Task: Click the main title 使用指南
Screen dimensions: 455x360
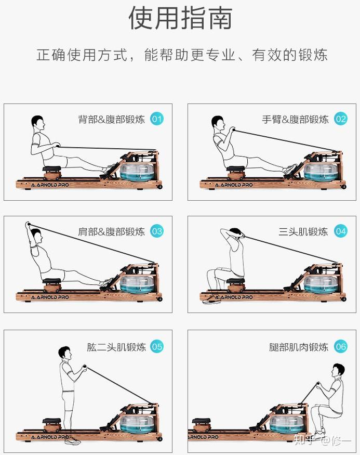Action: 180,18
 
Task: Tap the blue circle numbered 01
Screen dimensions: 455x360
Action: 156,119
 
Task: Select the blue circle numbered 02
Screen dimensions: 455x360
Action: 340,119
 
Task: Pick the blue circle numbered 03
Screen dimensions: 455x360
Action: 156,231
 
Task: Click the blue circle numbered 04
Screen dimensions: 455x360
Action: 340,231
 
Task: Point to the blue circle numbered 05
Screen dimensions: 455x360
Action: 156,346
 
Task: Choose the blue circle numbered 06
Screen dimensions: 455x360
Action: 340,346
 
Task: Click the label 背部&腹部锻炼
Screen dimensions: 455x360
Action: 112,119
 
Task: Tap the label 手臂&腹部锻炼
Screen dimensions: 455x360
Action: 295,119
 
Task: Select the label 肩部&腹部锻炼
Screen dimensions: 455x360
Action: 112,231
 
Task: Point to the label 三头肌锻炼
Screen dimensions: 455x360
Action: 303,231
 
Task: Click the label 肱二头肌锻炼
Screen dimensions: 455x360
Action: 116,347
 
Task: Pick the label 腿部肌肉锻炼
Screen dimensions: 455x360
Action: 299,347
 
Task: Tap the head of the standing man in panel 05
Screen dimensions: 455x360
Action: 64,353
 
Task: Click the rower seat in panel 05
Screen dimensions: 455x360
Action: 51,421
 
